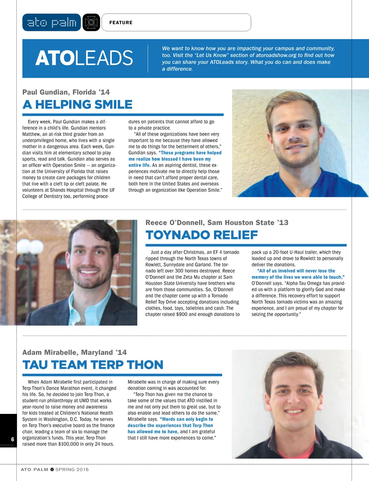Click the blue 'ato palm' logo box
(x=52, y=22)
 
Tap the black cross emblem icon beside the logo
(x=91, y=22)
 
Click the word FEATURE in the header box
(x=121, y=22)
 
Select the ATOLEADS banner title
(x=84, y=58)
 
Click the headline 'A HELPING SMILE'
(x=77, y=105)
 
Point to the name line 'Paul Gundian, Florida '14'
(x=66, y=92)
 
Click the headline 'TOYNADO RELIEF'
(x=201, y=235)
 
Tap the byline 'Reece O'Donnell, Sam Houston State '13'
(x=217, y=223)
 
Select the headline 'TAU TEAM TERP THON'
(x=93, y=365)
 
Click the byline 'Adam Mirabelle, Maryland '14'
(x=74, y=353)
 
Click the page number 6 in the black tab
(x=13, y=439)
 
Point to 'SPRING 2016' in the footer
(x=72, y=469)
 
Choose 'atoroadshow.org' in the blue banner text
(x=276, y=55)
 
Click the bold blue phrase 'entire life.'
(x=139, y=165)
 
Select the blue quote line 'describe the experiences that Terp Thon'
(x=170, y=425)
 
